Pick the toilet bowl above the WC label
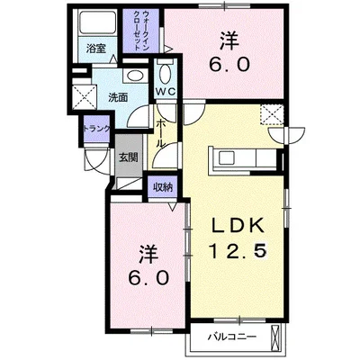click(x=166, y=72)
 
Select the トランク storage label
click(x=97, y=129)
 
